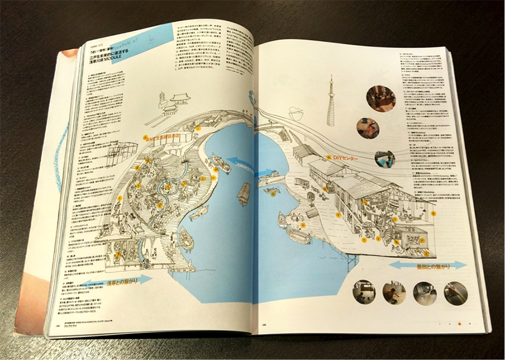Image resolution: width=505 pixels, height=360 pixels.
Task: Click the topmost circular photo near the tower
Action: (380, 98)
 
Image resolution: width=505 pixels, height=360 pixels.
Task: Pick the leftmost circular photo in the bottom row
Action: (363, 292)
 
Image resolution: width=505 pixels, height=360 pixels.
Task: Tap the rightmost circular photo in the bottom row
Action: (455, 293)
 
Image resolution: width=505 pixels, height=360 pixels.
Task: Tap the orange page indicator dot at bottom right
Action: (459, 324)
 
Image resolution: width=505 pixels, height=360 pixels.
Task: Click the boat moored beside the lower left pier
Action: (186, 239)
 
